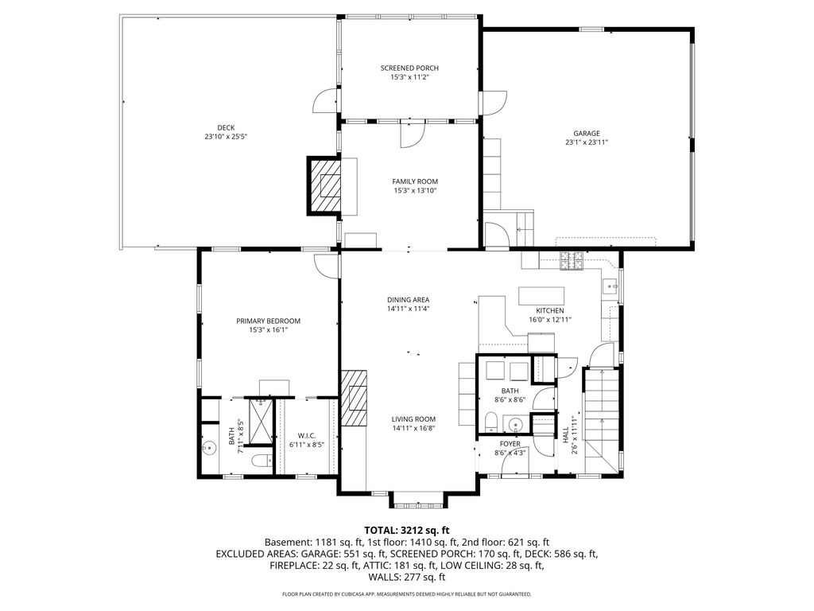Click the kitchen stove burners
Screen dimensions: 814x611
[572, 260]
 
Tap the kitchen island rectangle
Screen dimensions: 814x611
[541, 296]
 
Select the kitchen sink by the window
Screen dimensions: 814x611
[610, 286]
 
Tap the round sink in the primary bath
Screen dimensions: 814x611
[210, 447]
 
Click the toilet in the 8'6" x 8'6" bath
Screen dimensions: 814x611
[490, 422]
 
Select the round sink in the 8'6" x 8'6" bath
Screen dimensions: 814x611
[515, 423]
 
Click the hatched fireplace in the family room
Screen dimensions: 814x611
[324, 185]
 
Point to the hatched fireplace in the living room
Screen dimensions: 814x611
[354, 399]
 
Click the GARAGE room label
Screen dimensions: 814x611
[587, 134]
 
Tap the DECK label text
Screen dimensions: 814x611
[226, 128]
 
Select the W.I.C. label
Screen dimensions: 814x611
[307, 435]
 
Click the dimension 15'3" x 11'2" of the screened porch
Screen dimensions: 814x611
[409, 77]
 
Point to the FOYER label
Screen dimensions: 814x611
[510, 444]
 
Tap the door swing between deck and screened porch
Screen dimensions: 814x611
[326, 100]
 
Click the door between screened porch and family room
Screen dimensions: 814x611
[413, 134]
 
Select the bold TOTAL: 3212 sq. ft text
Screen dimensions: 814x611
[407, 531]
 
